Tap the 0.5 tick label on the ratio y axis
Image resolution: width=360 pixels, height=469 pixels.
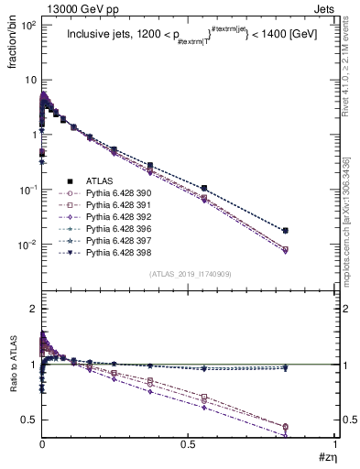(x=27, y=420)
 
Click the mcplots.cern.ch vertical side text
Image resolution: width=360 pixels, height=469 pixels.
(x=349, y=229)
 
